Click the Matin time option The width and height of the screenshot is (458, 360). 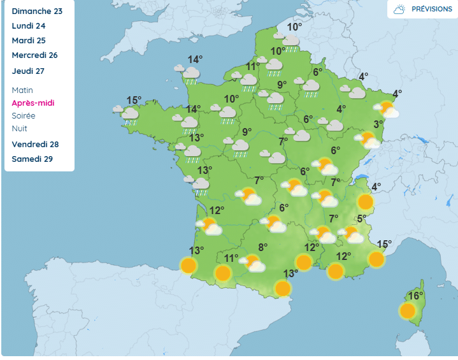[22, 90]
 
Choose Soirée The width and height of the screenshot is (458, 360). [24, 116]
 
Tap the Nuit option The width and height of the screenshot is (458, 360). [20, 129]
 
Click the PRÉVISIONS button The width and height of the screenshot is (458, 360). [422, 10]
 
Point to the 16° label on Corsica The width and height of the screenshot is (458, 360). [416, 296]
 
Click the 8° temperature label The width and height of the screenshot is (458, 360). [262, 247]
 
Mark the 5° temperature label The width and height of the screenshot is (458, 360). [361, 219]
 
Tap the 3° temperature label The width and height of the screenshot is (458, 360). [378, 124]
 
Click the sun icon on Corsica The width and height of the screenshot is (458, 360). [408, 311]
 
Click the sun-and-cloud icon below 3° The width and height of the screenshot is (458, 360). [368, 140]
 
